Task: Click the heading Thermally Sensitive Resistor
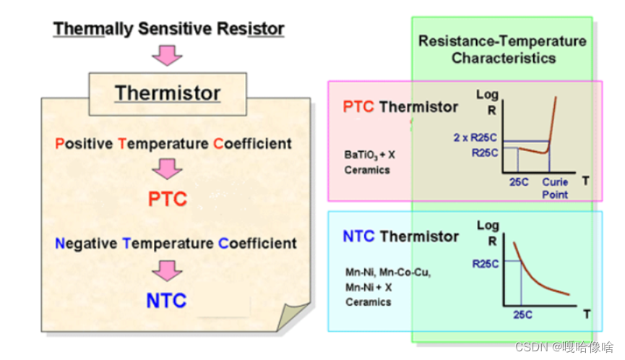(x=169, y=29)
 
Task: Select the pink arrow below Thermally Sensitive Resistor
(x=168, y=55)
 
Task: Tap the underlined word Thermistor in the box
(x=168, y=93)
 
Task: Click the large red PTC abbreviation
(x=168, y=199)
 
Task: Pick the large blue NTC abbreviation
(x=167, y=300)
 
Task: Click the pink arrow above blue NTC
(x=168, y=270)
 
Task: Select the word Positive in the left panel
(x=84, y=143)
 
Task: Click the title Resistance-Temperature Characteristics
(x=502, y=49)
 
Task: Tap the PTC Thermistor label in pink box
(x=400, y=107)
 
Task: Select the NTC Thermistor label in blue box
(x=400, y=236)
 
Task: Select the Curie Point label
(x=556, y=189)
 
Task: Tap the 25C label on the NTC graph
(x=522, y=314)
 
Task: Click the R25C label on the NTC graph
(x=485, y=264)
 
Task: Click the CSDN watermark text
(x=564, y=347)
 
